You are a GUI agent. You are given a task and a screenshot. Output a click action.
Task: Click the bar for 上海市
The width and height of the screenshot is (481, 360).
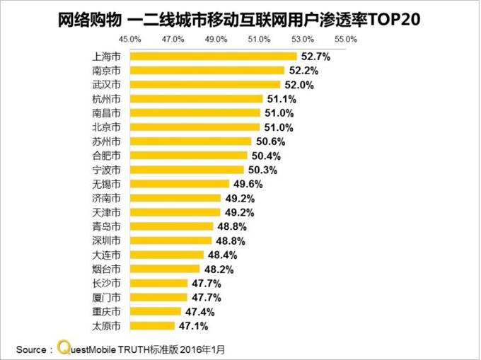[x=213, y=56]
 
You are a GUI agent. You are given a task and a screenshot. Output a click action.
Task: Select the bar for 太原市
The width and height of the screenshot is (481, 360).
[x=152, y=325]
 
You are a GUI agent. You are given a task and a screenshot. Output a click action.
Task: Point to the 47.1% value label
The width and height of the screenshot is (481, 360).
[x=194, y=325]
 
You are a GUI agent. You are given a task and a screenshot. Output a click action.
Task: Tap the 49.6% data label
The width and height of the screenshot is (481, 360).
[x=248, y=184]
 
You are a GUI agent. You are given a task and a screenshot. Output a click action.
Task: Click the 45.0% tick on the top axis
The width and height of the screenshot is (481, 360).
[x=130, y=38]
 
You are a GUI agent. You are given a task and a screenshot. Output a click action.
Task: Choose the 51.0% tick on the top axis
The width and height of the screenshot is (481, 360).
[x=259, y=38]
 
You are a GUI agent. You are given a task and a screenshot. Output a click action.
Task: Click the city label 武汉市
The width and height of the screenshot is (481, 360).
[x=107, y=84]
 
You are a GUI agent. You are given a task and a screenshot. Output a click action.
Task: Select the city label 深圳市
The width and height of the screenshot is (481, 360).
[x=107, y=240]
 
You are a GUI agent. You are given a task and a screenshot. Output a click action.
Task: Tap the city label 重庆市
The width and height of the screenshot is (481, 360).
[x=107, y=311]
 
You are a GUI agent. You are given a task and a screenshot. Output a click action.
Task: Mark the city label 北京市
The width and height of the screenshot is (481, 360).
[x=107, y=127]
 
